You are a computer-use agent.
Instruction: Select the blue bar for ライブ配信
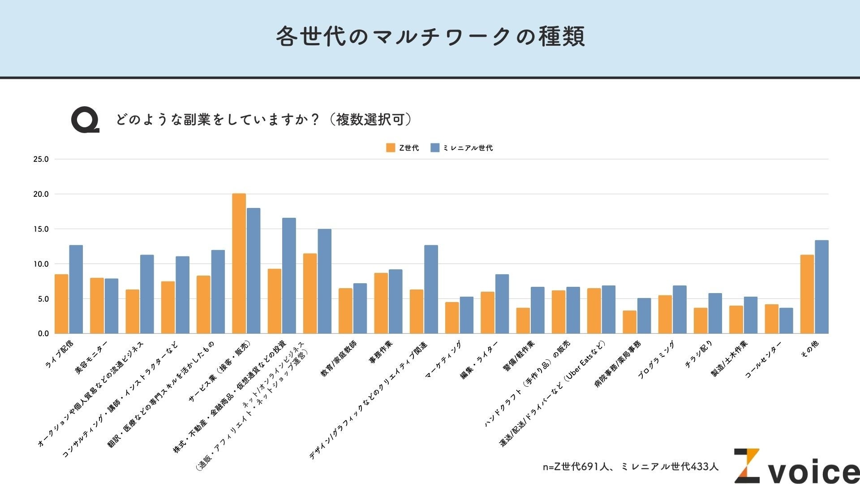tap(76, 290)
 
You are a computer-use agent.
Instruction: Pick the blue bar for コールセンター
tap(786, 321)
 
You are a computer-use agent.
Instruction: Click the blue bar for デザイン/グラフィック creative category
tap(431, 290)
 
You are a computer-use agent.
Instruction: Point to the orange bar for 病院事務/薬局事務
tap(629, 322)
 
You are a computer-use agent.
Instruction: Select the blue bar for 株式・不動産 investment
tap(289, 276)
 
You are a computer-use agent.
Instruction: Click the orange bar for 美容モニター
tap(97, 306)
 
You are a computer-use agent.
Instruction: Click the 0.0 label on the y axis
tap(43, 333)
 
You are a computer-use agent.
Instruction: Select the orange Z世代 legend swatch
tap(391, 148)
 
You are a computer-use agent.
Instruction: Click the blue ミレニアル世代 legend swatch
tap(435, 148)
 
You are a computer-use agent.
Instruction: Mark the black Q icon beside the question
tap(85, 120)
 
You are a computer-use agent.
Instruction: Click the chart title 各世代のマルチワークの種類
tap(430, 37)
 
